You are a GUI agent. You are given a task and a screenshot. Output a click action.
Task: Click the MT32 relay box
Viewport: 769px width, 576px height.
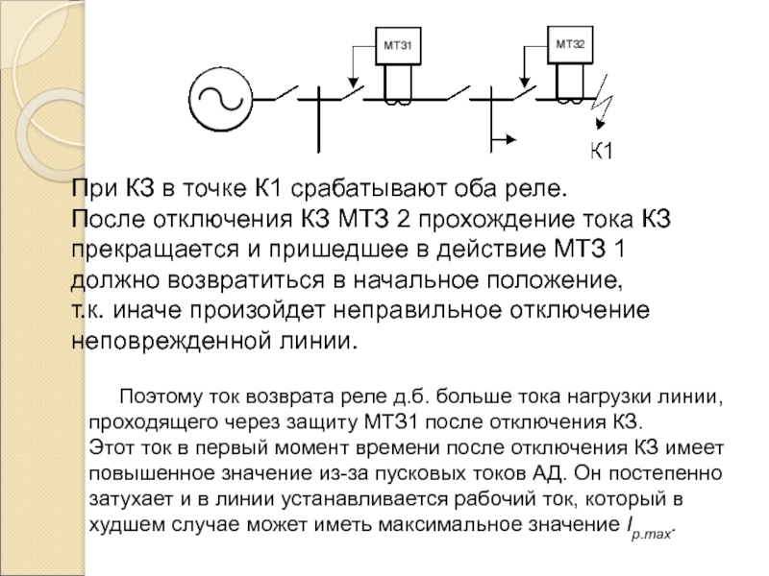tap(570, 44)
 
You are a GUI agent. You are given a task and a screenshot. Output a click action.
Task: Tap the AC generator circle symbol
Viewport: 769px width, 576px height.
tap(218, 97)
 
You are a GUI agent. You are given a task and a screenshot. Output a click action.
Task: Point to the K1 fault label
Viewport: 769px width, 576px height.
tap(602, 152)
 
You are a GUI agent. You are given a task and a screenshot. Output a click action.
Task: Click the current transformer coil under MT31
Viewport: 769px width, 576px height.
tap(398, 99)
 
